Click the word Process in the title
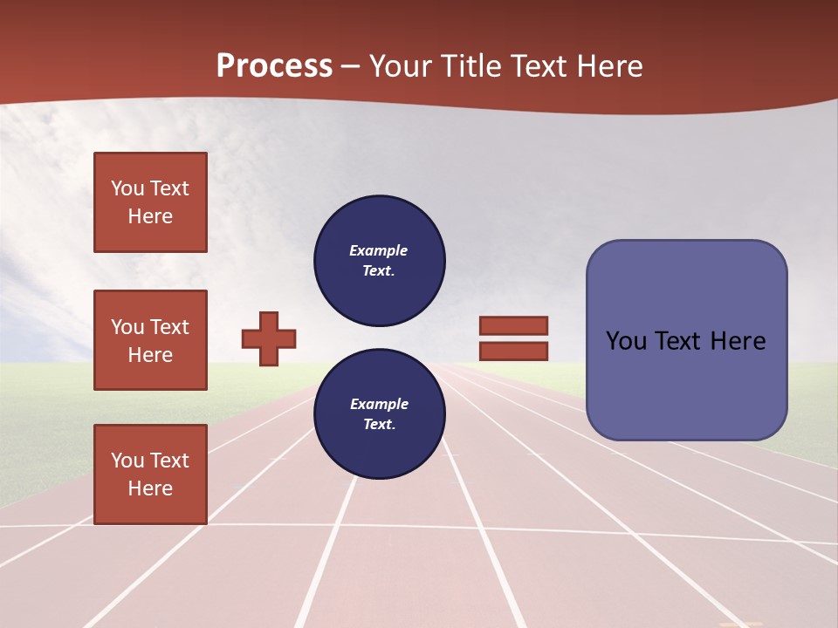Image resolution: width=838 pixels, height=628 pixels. coord(274,66)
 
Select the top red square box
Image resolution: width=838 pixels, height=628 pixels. coord(150,202)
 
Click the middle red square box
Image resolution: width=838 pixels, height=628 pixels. coord(150,340)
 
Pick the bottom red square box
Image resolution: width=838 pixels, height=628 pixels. coord(150,474)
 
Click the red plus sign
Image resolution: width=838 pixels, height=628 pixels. coord(269,338)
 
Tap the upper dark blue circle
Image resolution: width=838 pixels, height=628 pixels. coord(380,261)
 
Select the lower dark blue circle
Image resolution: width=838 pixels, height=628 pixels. coord(380,414)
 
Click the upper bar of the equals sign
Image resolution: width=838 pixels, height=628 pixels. coord(513,325)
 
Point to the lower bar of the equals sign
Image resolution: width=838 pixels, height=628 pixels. coord(513,352)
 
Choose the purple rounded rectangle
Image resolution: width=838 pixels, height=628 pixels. coord(686,340)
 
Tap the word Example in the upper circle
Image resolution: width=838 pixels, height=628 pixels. coord(379,251)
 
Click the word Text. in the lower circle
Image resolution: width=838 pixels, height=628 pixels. coord(379,425)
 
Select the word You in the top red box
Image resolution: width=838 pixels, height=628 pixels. coord(127,189)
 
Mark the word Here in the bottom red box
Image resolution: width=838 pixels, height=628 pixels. coord(150,488)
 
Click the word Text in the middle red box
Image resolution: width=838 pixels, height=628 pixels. coord(169,327)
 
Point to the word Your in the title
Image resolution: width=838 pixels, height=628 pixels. coord(400,66)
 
